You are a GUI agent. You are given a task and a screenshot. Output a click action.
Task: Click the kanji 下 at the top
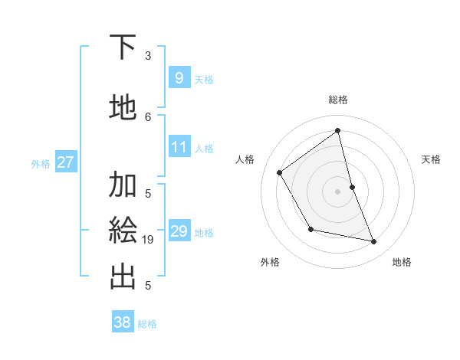coord(123,47)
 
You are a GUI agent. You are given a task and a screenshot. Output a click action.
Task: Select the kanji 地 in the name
coord(123,107)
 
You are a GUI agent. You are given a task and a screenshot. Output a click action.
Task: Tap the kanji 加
coord(123,185)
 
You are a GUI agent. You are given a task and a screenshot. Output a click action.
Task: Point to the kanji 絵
coord(123,231)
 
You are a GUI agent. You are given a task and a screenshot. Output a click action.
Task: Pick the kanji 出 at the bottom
coord(123,277)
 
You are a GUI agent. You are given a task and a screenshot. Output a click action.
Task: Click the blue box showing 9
coord(179,78)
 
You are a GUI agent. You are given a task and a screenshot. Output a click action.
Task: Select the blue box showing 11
coord(179,147)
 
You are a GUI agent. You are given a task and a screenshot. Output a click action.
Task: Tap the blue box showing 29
coord(179,231)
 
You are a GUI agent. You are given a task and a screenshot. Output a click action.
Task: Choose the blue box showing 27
coord(66,162)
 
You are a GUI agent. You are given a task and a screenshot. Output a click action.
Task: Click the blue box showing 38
coord(123,322)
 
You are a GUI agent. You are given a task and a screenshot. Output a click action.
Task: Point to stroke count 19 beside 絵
coord(148,240)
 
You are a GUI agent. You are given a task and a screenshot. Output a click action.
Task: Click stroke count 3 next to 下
coord(148,56)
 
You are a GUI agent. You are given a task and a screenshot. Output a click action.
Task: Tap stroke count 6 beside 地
coord(148,116)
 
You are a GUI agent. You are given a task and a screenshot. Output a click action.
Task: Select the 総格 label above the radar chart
coord(338,100)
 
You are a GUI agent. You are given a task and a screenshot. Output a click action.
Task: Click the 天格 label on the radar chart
coord(432,159)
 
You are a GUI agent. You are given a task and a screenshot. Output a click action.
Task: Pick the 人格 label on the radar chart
coord(245,159)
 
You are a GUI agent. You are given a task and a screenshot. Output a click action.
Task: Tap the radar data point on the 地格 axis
coord(374,242)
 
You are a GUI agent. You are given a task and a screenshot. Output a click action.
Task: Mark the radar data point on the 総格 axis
coord(338,131)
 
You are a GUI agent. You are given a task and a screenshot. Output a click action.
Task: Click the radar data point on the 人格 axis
coord(280,172)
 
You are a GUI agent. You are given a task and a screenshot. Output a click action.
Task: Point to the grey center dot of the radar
coord(338,191)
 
